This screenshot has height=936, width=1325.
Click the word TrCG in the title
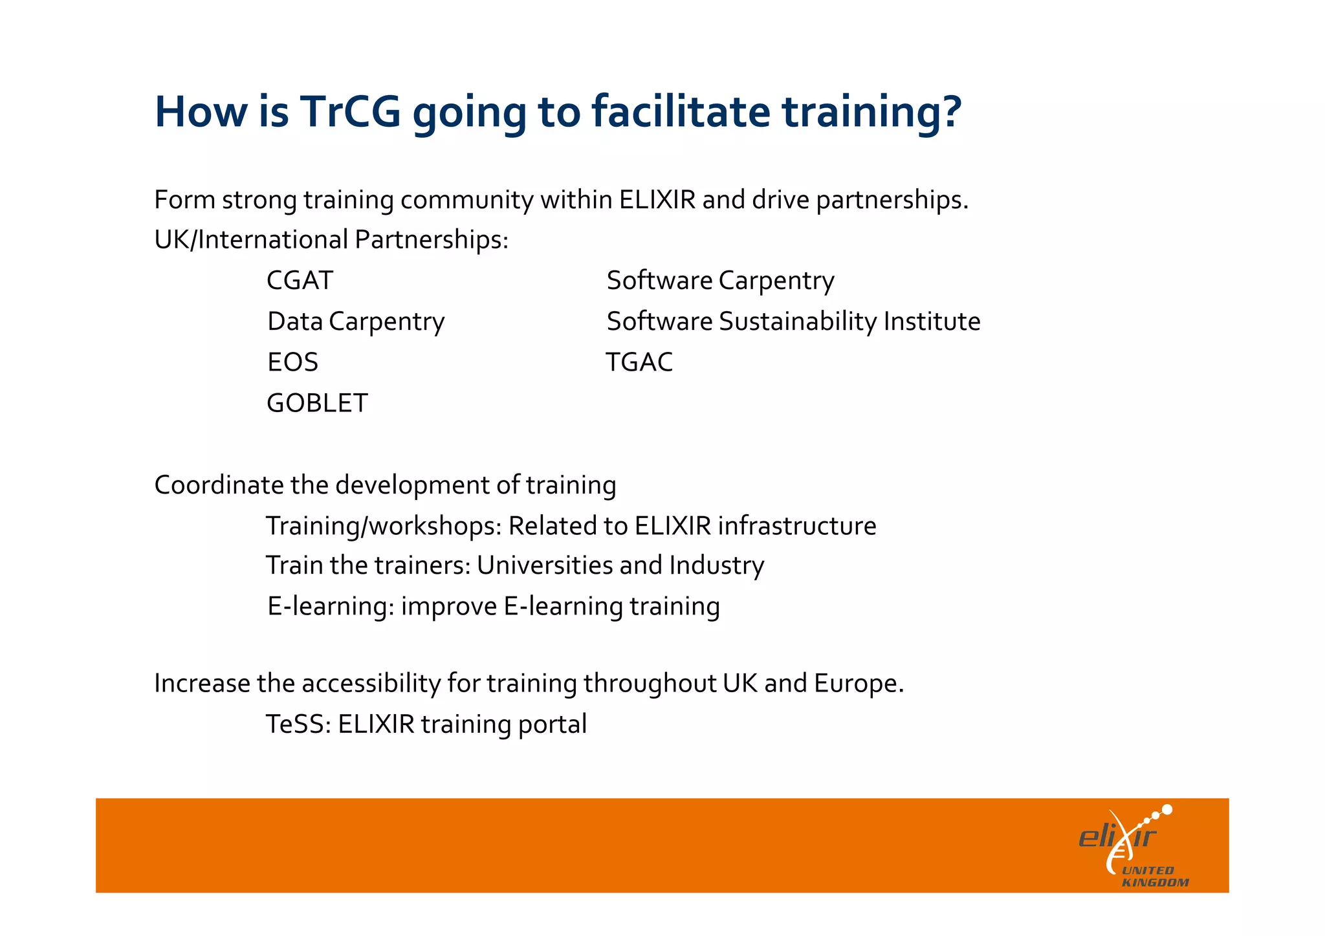[350, 112]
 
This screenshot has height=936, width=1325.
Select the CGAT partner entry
[300, 281]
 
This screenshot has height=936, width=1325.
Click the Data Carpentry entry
[356, 321]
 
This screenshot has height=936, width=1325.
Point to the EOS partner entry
[292, 362]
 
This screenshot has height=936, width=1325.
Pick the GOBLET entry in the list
[317, 403]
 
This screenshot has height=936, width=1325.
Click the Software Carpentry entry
[720, 281]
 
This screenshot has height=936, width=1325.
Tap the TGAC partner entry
[639, 362]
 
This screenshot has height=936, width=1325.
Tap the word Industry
[717, 565]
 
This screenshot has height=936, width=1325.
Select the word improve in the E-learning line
[449, 607]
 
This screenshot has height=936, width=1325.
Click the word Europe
[858, 684]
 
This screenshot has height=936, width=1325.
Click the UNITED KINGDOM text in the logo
[1155, 876]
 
